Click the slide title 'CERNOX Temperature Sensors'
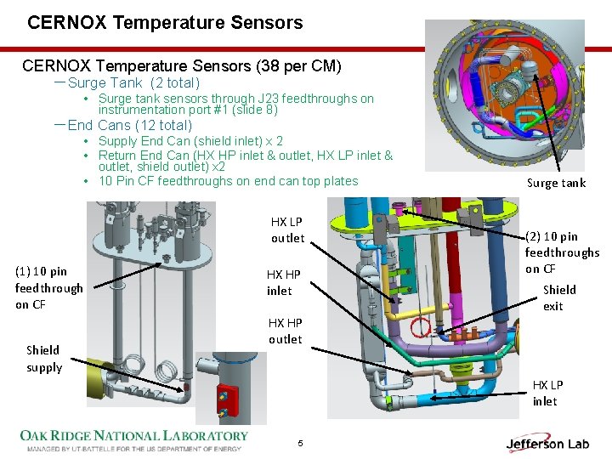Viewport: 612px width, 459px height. [x=165, y=23]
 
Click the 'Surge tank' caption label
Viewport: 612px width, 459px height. [x=556, y=183]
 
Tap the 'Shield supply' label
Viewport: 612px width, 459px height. [x=43, y=359]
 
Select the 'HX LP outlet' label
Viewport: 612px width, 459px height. [x=287, y=229]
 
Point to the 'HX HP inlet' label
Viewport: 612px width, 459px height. [x=284, y=282]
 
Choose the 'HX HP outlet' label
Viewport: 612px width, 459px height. [x=286, y=331]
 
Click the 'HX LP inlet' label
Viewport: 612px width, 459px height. [x=548, y=393]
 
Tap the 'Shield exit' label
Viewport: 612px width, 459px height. [x=559, y=297]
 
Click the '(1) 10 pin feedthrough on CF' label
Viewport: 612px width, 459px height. [x=48, y=287]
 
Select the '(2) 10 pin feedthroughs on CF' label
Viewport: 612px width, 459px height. [x=562, y=252]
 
